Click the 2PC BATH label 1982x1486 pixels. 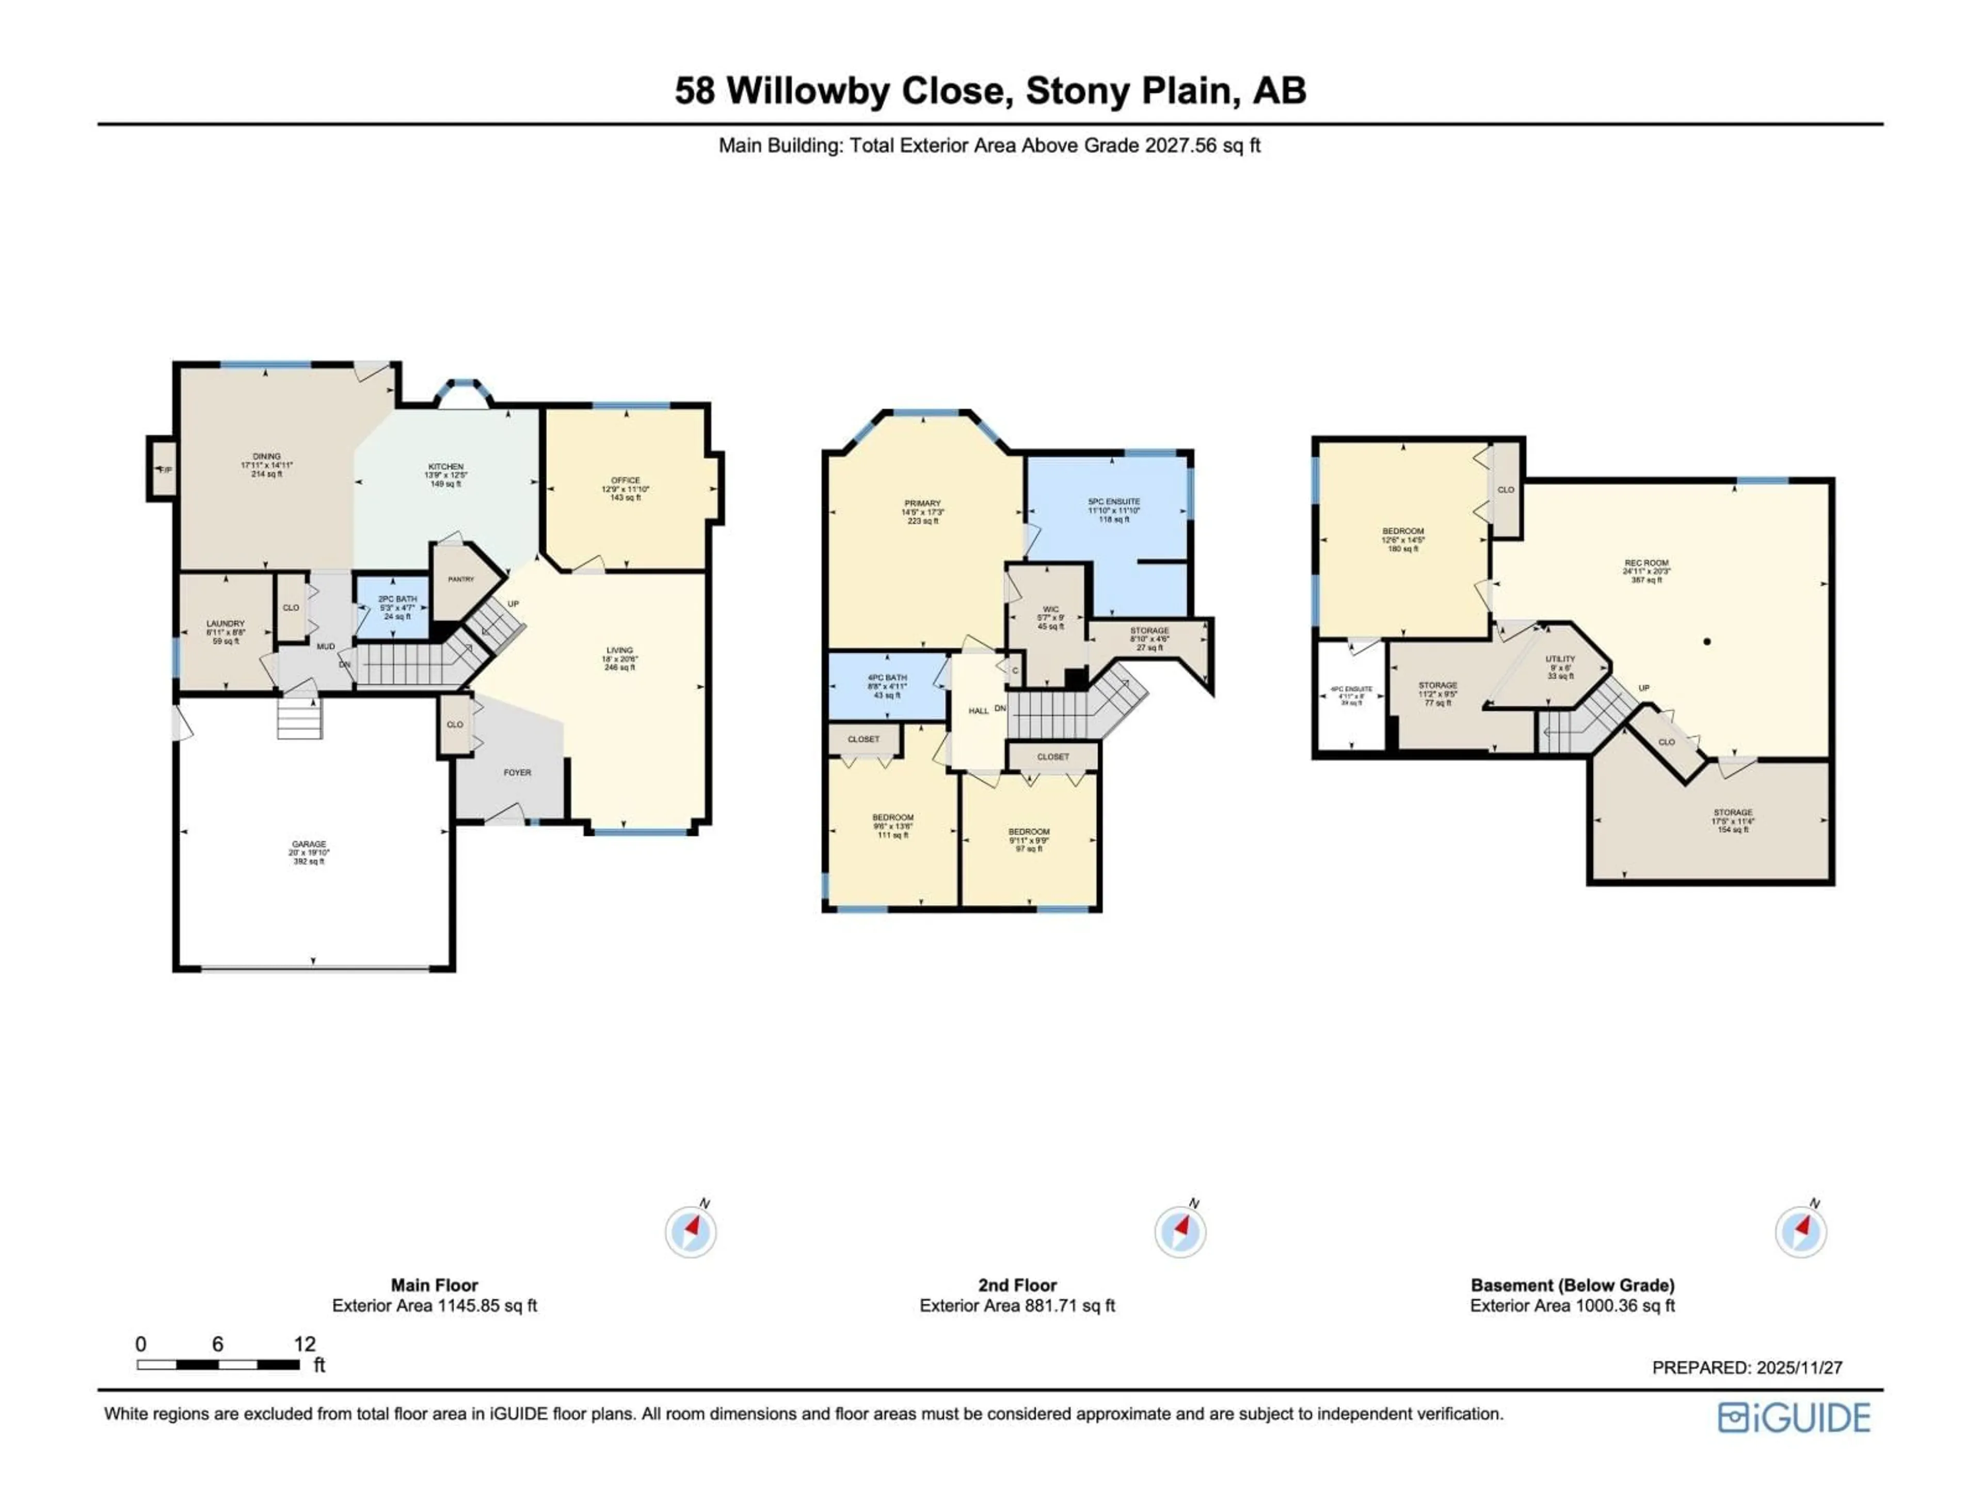397,599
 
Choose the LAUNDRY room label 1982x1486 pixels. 225,623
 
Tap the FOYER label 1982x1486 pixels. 517,772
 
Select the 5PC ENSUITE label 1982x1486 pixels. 1114,502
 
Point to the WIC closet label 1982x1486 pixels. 1050,609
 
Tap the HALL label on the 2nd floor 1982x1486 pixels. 979,711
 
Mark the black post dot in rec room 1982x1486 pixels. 1707,641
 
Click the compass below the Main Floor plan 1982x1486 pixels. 691,1232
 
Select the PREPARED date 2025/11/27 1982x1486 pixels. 1798,1368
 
